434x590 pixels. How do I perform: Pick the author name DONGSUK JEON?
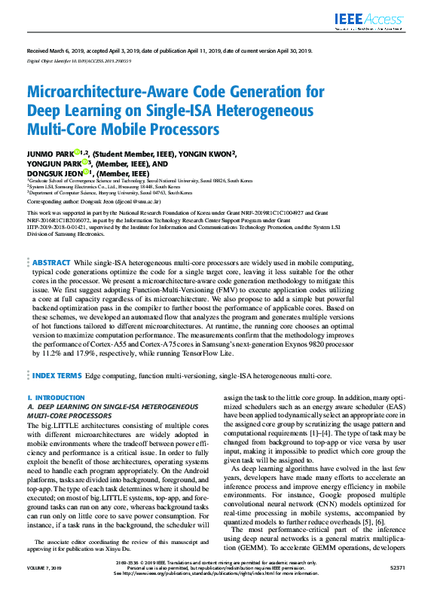(x=52, y=173)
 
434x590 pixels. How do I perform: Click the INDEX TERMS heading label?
(x=57, y=374)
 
